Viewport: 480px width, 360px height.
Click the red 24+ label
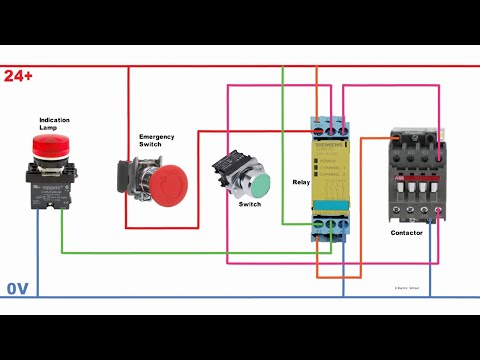point(18,76)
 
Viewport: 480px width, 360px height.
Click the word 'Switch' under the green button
point(250,204)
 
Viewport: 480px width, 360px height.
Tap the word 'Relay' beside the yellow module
point(301,183)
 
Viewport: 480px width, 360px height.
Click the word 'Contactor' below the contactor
point(407,232)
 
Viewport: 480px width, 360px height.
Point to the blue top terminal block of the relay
point(331,127)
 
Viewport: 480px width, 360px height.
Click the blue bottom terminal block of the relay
point(331,228)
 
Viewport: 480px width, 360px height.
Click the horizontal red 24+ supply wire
point(200,67)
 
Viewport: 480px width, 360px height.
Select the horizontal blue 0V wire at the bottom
point(200,297)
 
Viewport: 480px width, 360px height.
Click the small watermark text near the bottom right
point(406,288)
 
